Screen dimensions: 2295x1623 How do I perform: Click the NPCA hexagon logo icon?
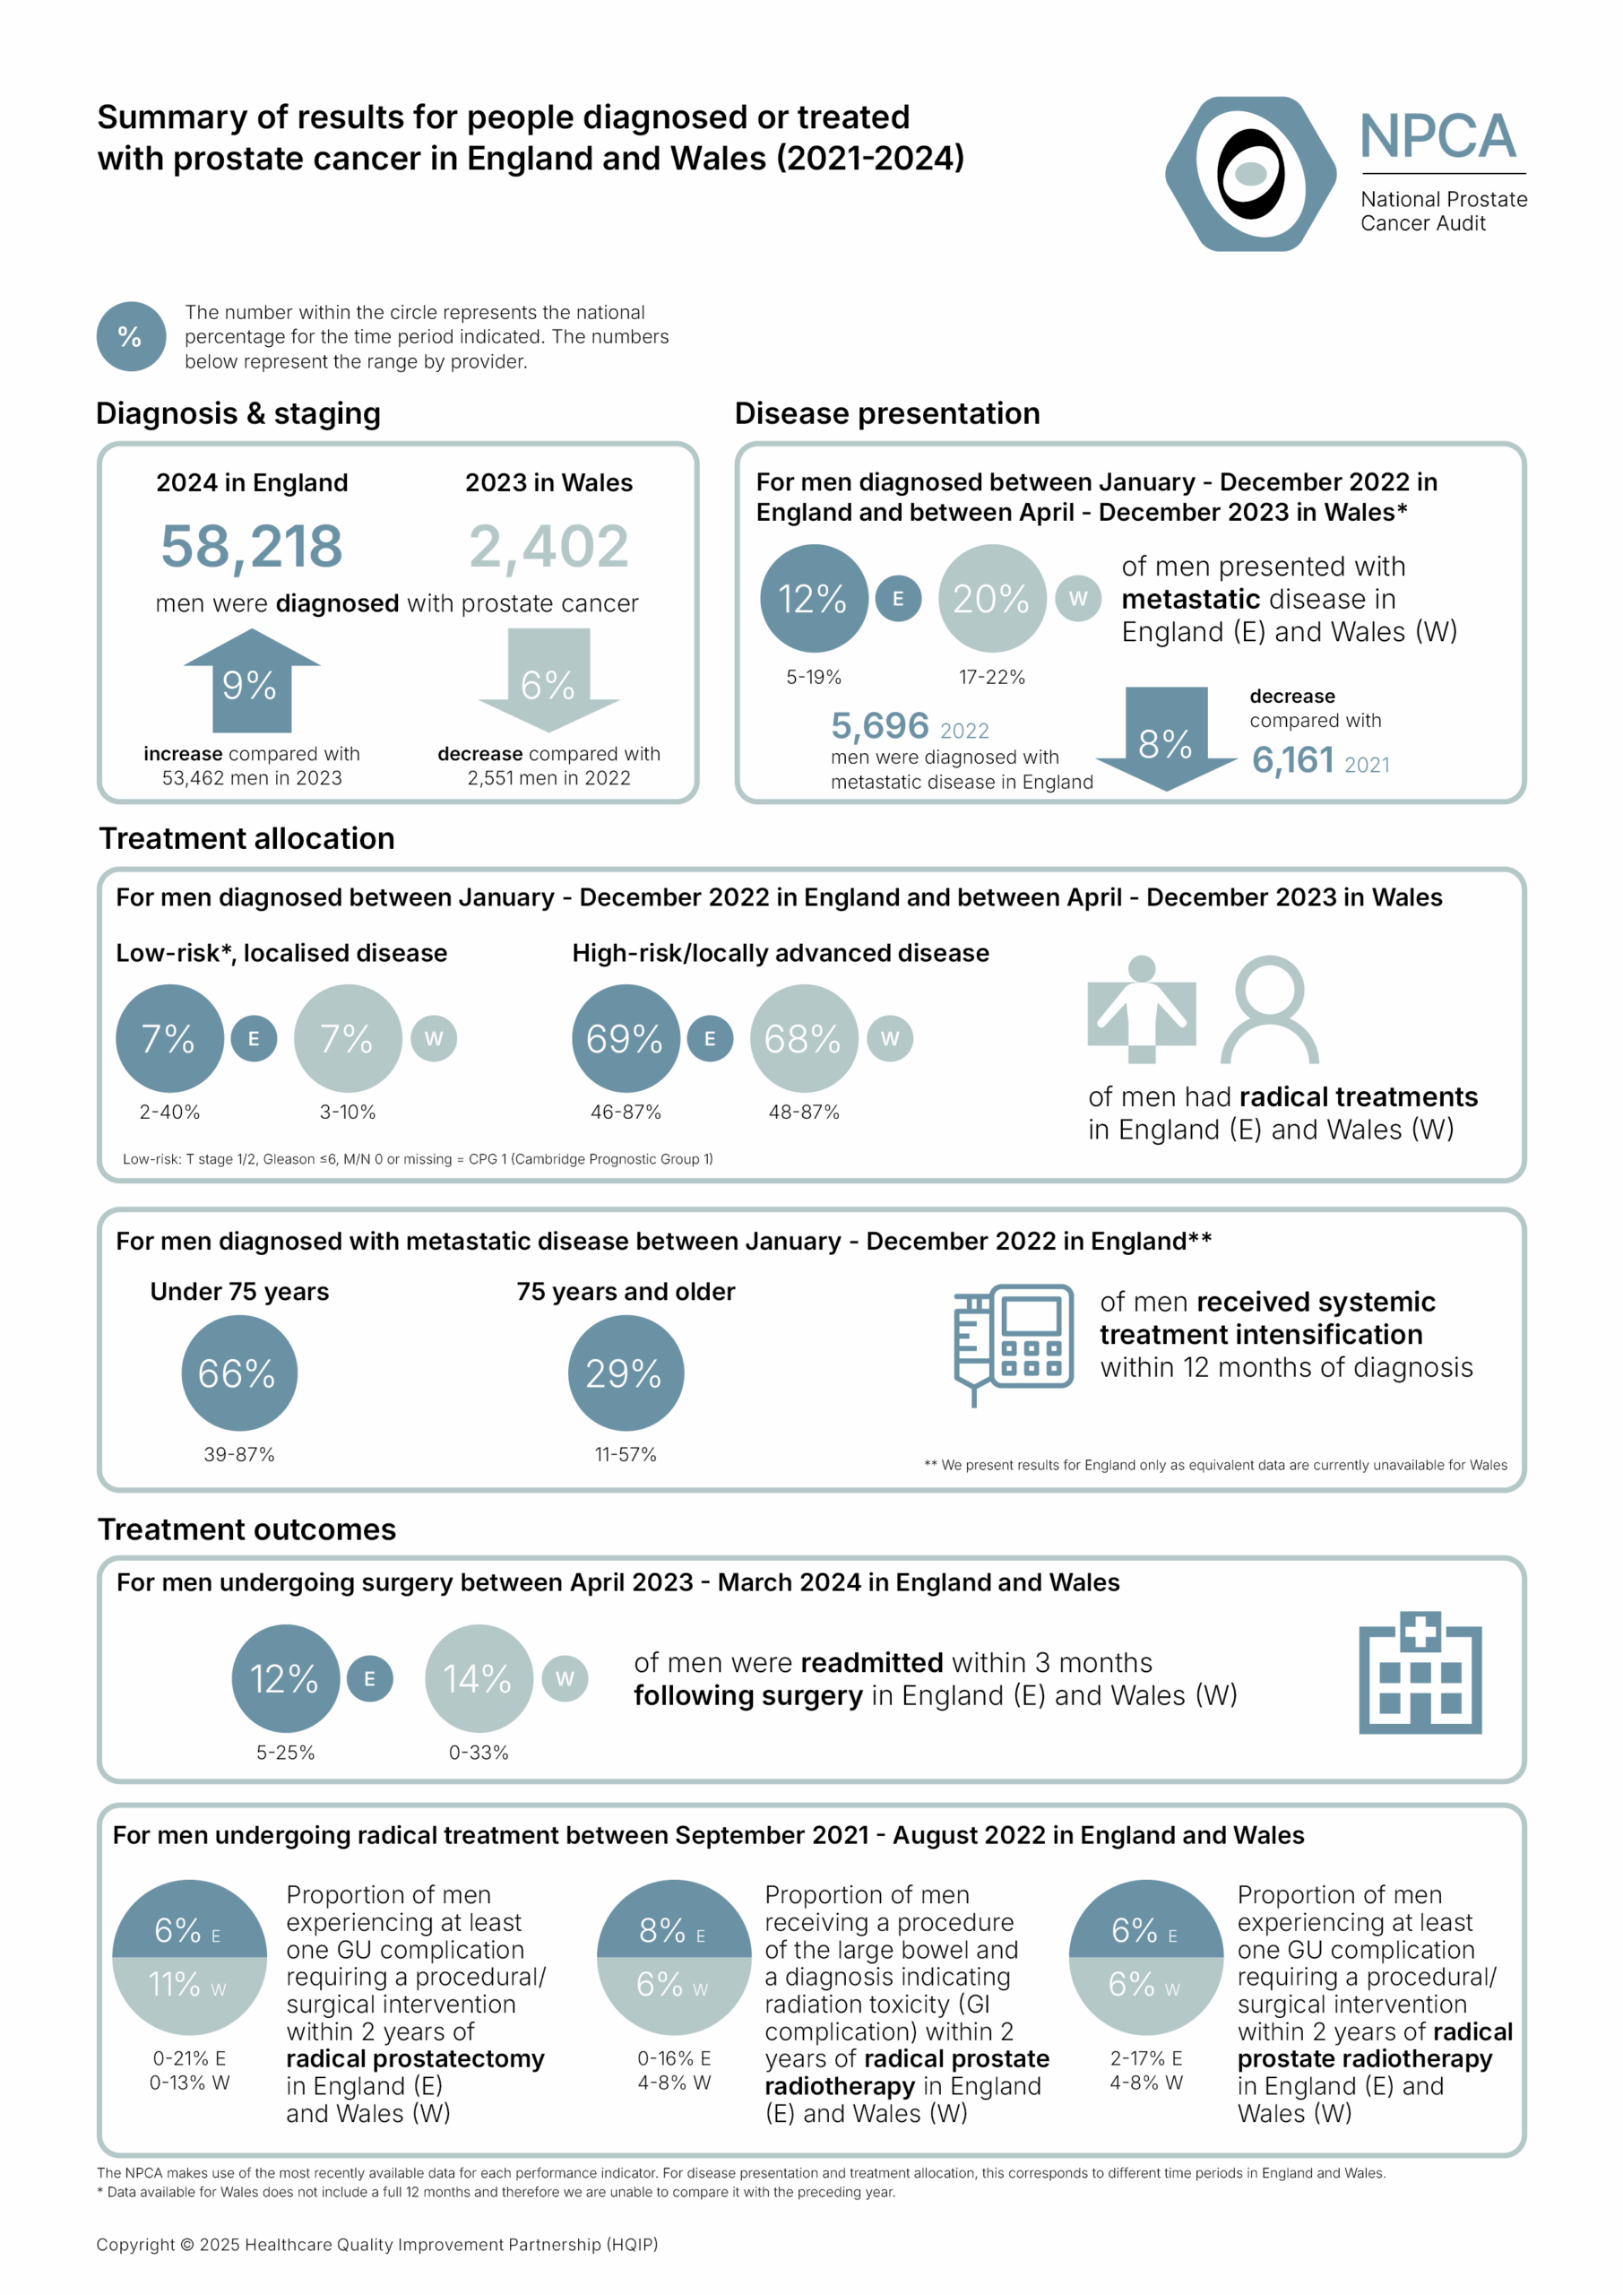click(x=1250, y=174)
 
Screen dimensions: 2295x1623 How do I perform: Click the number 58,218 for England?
click(x=252, y=547)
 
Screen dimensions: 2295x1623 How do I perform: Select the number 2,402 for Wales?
click(x=548, y=547)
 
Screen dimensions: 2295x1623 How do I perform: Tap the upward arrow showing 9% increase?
click(x=252, y=681)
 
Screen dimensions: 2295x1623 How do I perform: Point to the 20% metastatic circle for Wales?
click(x=991, y=599)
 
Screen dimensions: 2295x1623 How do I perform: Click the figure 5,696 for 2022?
click(x=879, y=725)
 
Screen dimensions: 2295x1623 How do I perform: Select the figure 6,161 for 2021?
click(x=1293, y=762)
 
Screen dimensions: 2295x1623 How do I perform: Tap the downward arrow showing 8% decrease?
click(x=1166, y=739)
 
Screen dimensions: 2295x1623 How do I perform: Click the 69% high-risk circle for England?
click(x=626, y=1038)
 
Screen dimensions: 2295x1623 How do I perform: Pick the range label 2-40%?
click(x=170, y=1112)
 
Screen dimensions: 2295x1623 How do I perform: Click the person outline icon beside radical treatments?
click(x=1269, y=1009)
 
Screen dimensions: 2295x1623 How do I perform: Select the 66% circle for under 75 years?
click(x=239, y=1373)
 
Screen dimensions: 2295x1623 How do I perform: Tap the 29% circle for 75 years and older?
click(x=626, y=1373)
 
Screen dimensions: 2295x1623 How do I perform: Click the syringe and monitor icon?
click(x=1013, y=1342)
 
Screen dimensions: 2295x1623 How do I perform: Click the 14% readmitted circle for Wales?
click(x=479, y=1679)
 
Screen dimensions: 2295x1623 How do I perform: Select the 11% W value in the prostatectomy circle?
click(x=188, y=1985)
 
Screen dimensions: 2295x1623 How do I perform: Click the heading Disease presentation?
click(x=887, y=414)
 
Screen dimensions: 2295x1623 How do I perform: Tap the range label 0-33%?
click(x=479, y=1753)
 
